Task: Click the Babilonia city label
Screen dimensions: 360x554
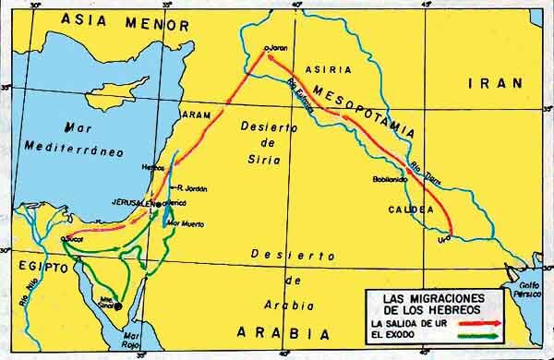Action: (x=390, y=177)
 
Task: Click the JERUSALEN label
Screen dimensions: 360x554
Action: (x=133, y=201)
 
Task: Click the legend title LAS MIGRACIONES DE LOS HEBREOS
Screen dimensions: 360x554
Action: (x=434, y=302)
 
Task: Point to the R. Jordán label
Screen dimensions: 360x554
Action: (x=192, y=188)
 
